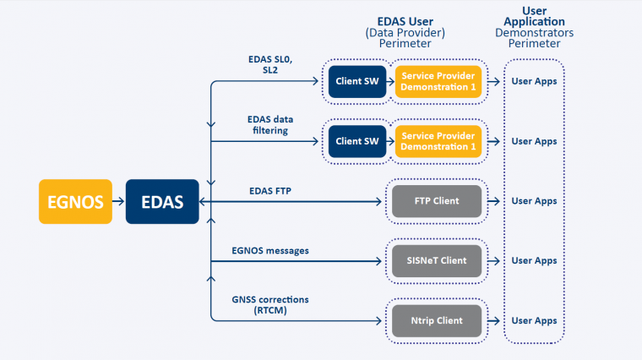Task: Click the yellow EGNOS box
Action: click(75, 201)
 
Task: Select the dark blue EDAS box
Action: click(162, 201)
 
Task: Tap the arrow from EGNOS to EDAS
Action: click(118, 201)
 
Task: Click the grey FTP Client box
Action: click(437, 201)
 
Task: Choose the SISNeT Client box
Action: click(437, 261)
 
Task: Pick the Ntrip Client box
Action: click(437, 320)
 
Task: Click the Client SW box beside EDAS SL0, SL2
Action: click(357, 81)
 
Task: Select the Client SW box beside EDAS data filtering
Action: click(357, 141)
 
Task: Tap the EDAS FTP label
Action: click(270, 191)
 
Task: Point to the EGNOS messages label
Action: click(270, 251)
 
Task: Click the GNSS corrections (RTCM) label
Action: click(270, 305)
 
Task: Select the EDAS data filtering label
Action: click(270, 125)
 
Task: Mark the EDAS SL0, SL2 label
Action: click(270, 65)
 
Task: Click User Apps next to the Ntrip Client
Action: click(534, 320)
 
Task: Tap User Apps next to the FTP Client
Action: click(534, 201)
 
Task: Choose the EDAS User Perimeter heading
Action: click(405, 32)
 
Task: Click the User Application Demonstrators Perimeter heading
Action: click(535, 27)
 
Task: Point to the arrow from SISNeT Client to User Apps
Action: click(494, 261)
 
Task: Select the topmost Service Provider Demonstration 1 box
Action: click(438, 81)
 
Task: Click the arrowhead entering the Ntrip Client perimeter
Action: click(378, 320)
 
